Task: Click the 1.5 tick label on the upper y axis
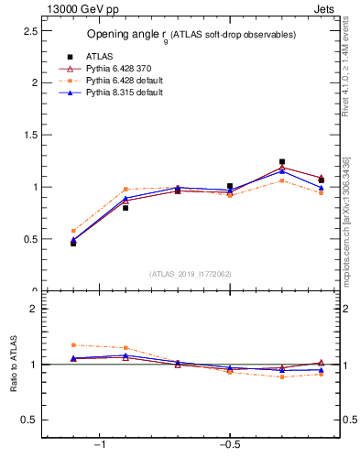(29, 135)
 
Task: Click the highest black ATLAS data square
(282, 161)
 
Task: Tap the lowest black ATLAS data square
(73, 243)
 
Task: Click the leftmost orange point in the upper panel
(73, 231)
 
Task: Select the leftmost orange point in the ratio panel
(73, 345)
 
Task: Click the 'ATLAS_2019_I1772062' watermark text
(191, 274)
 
